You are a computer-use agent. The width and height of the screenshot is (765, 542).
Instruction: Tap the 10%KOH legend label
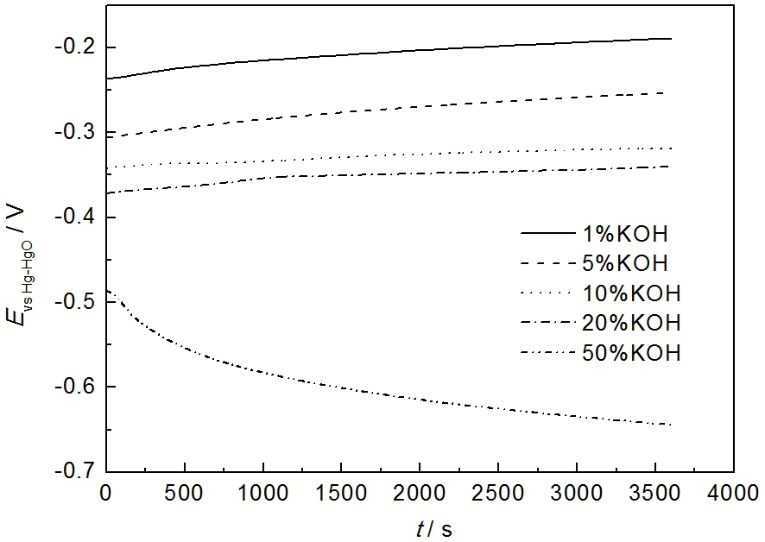tap(635, 293)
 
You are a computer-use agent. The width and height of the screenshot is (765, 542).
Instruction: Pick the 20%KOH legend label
tap(635, 323)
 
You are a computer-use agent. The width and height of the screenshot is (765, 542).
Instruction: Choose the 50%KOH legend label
tap(635, 353)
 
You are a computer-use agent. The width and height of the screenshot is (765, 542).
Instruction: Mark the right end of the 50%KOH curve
tap(670, 425)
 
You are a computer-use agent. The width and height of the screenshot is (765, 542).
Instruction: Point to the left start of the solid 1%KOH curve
tap(106, 79)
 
